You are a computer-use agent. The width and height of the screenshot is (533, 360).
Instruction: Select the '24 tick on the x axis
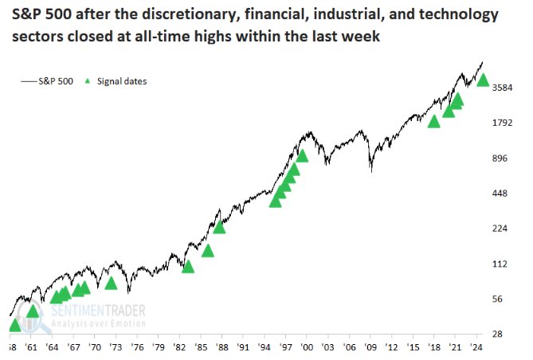477,349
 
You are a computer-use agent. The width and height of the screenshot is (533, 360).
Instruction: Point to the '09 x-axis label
370,349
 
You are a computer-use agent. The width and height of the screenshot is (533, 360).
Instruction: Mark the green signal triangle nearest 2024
482,80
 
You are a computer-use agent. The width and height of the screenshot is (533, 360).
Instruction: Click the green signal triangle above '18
434,121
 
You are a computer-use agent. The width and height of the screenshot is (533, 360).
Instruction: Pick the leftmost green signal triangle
14,326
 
